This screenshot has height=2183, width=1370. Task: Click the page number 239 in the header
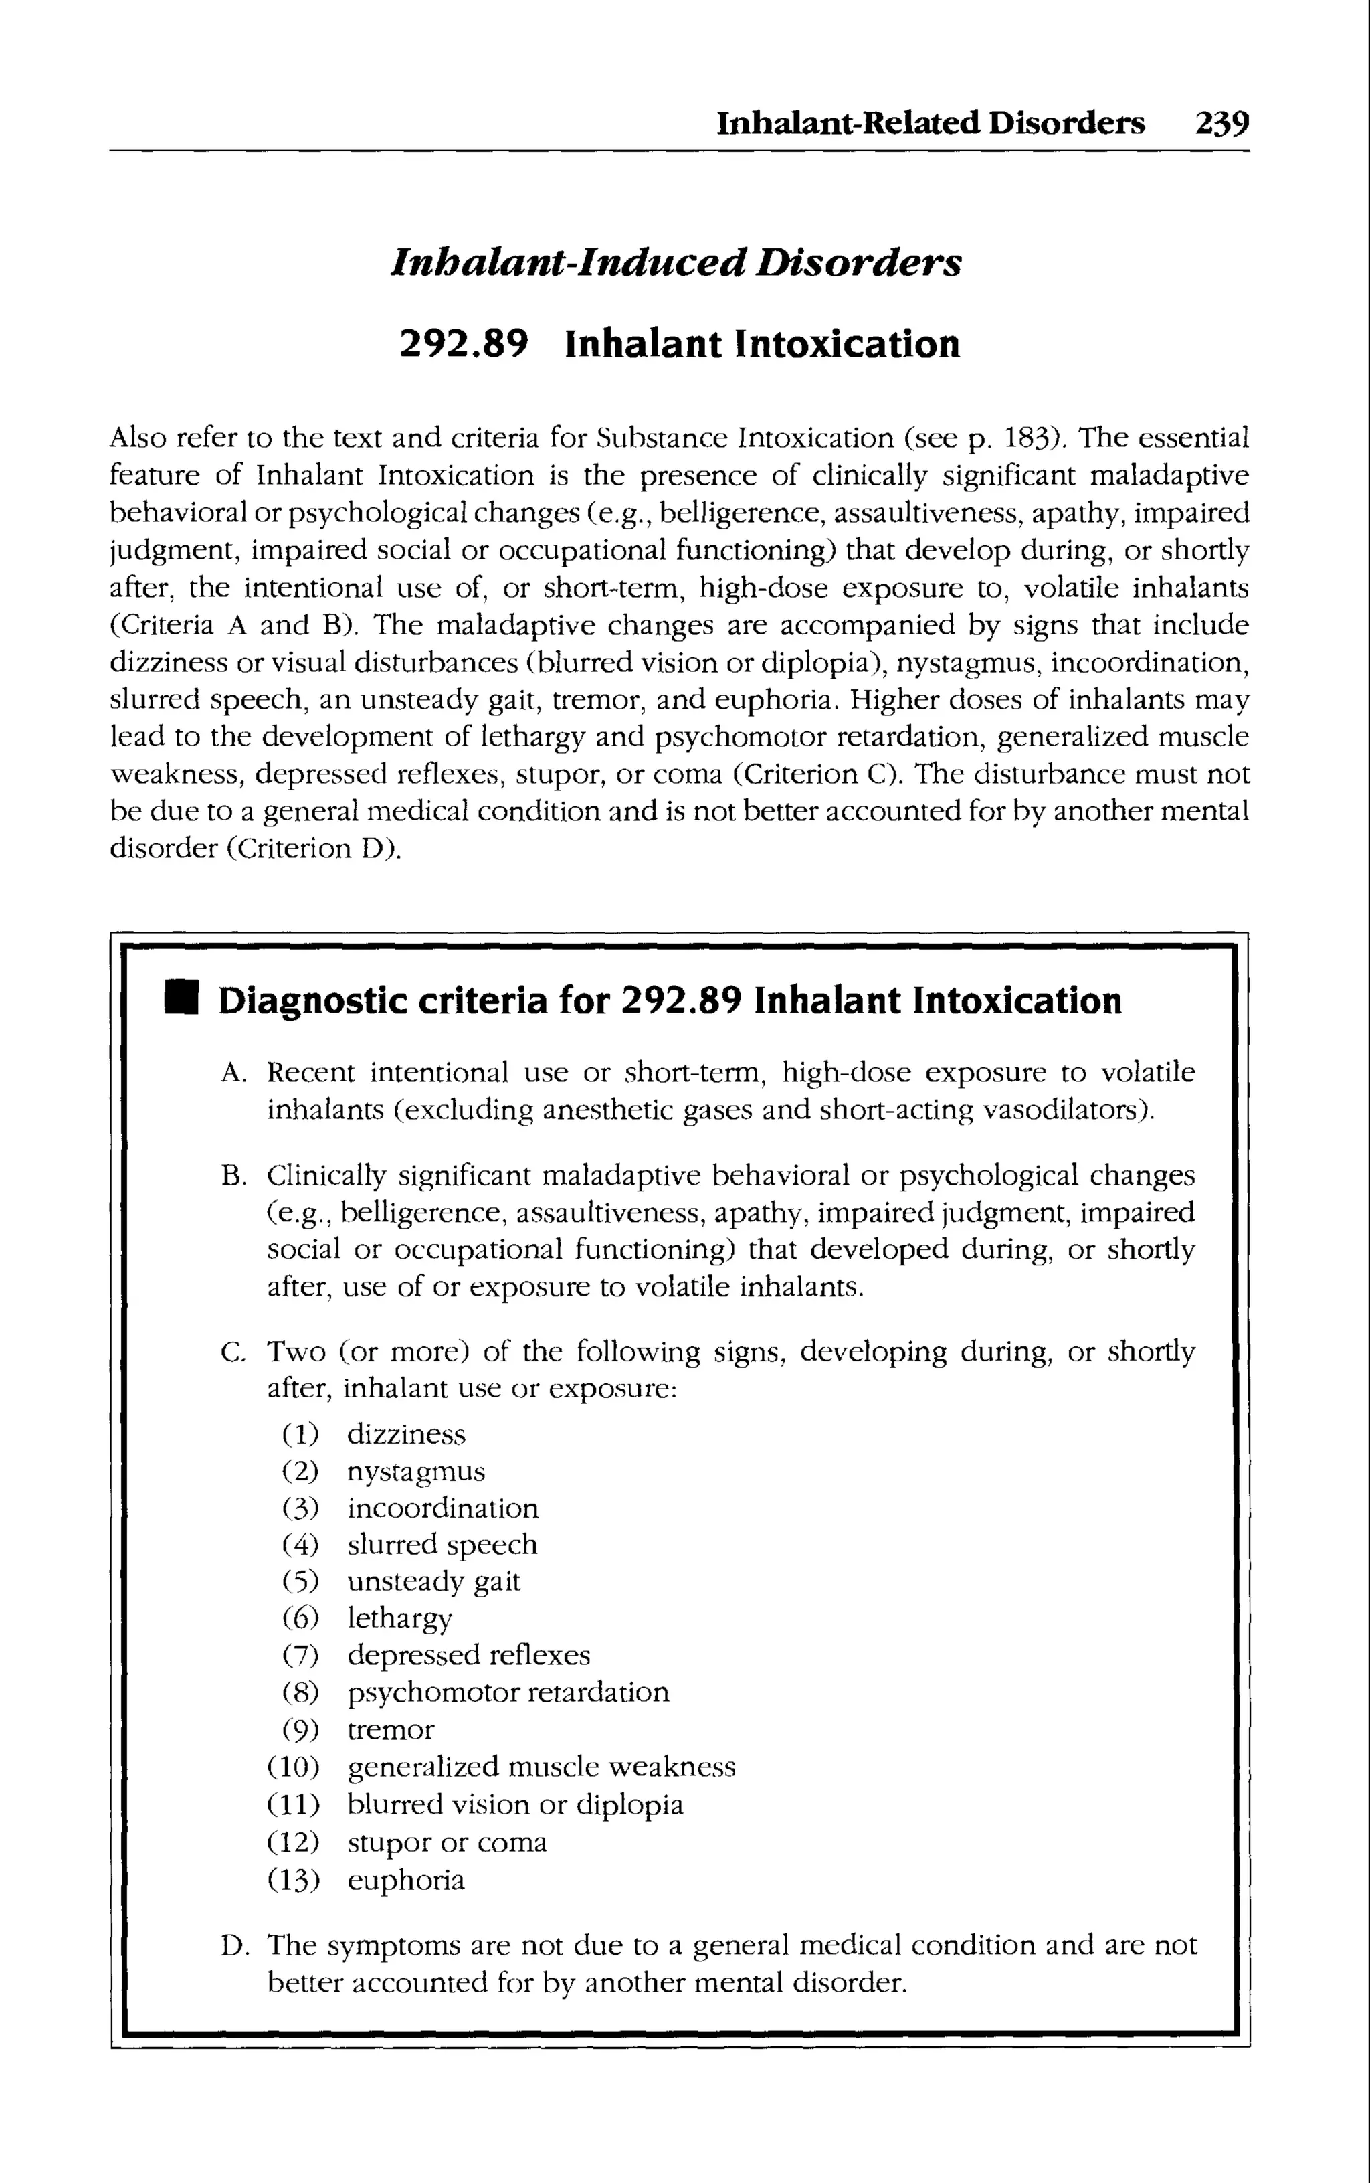tap(1221, 122)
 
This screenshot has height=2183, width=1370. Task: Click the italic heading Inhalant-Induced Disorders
tap(676, 263)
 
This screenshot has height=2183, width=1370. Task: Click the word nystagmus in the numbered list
tap(416, 1472)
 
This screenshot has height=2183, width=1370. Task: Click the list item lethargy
tap(399, 1618)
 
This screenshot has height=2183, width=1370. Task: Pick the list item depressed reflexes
tap(468, 1655)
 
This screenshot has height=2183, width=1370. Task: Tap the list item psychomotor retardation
tap(508, 1692)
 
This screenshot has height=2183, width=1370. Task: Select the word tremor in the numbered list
tap(391, 1729)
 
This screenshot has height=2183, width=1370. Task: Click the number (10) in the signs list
tap(294, 1766)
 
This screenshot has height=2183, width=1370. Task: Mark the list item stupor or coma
tap(447, 1842)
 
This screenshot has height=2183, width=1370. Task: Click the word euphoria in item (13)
tap(406, 1881)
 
